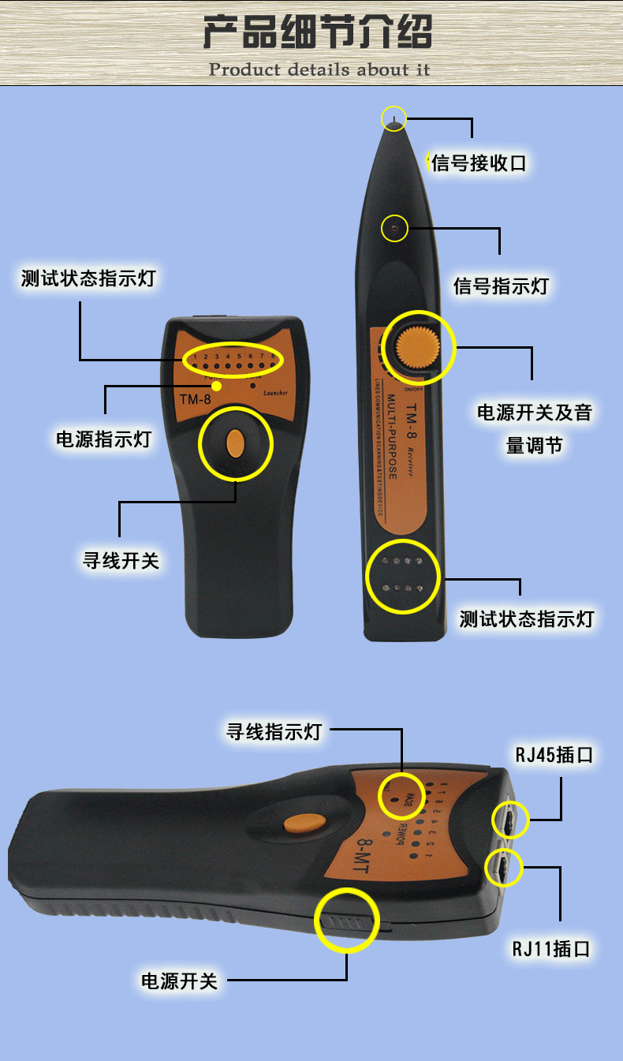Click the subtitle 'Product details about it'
[x=319, y=69]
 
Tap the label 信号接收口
[x=479, y=163]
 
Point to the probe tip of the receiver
[x=394, y=119]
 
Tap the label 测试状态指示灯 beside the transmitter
[x=88, y=278]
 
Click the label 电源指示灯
[x=103, y=439]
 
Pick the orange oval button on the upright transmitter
[x=234, y=444]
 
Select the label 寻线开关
[x=121, y=561]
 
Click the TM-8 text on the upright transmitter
[x=195, y=398]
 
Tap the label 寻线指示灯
[x=274, y=731]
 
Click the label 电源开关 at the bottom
[x=179, y=981]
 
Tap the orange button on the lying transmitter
[x=305, y=823]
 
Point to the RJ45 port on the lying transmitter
[x=509, y=821]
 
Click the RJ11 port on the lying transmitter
[x=505, y=869]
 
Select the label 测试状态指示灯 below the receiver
[x=526, y=618]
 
